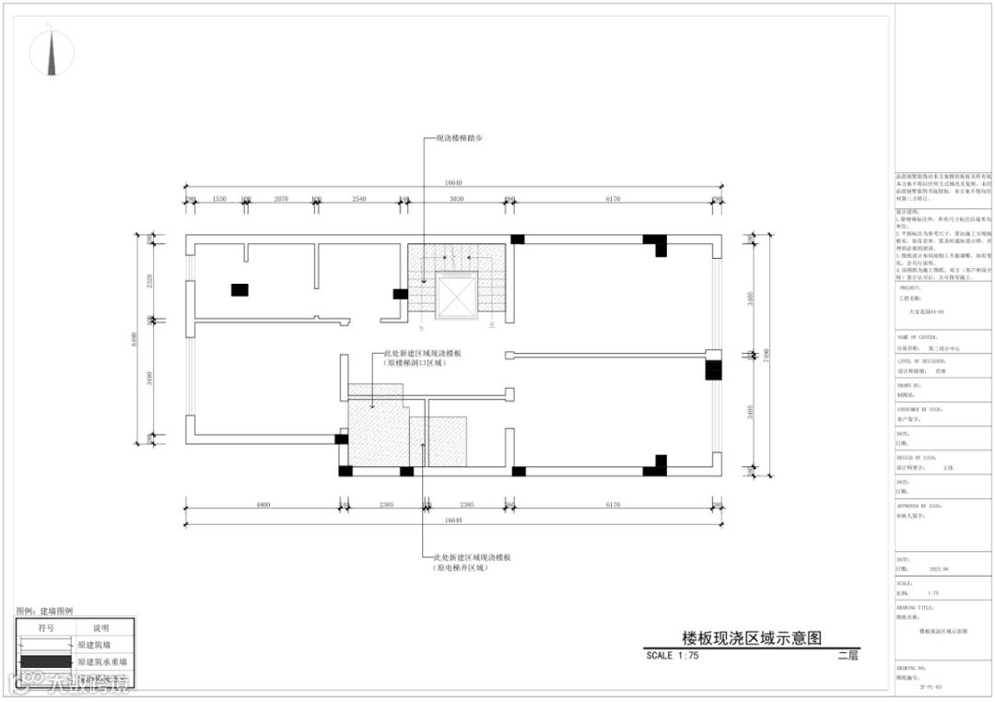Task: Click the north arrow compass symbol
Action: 53,53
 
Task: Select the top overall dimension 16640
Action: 452,183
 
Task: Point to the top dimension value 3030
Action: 455,199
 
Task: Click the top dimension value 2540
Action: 359,199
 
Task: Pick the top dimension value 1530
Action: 219,199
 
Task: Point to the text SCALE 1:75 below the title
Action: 673,656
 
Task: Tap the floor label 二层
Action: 848,656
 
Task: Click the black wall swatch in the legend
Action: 45,661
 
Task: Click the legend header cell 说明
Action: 100,627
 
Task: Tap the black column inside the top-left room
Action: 240,290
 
